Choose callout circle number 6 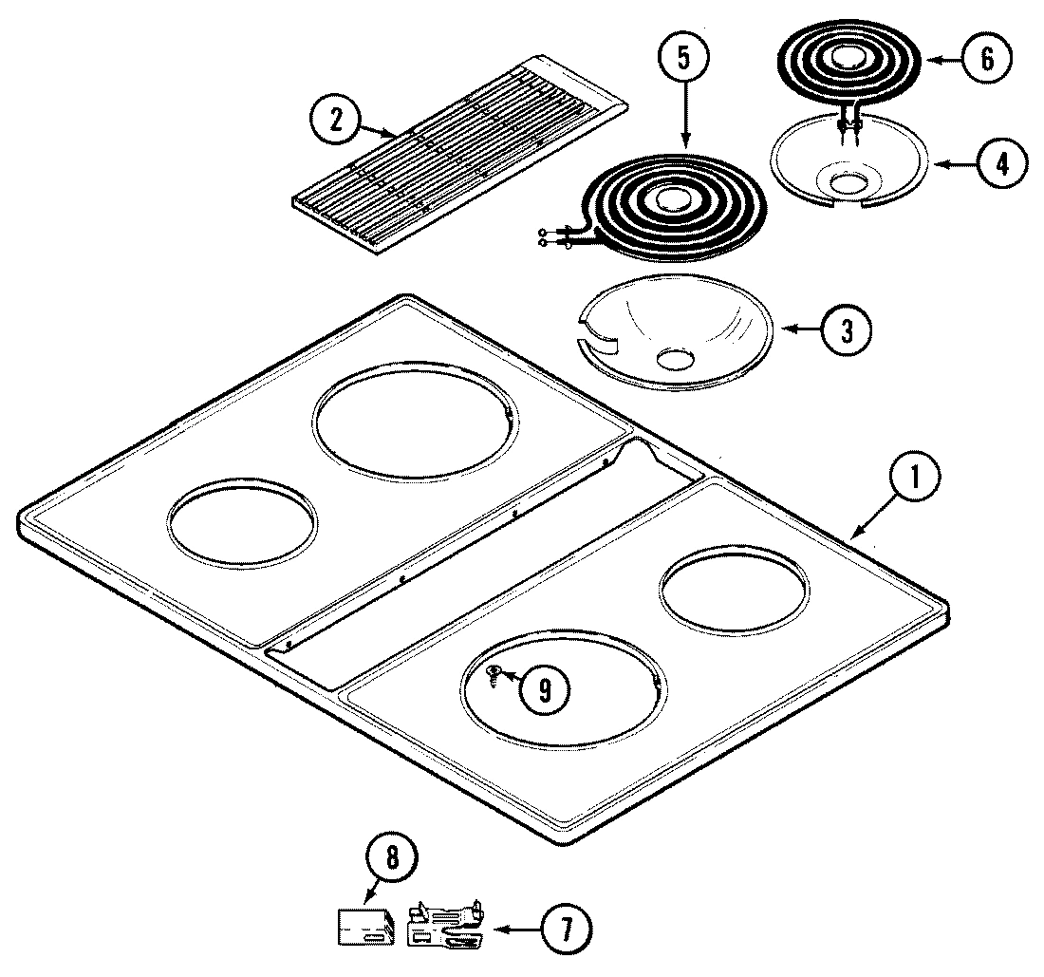(984, 59)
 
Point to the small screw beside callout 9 (494, 673)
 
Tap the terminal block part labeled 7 (444, 926)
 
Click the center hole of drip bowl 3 (675, 359)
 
